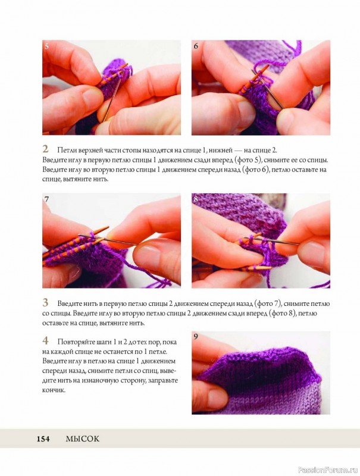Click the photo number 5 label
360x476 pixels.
46,46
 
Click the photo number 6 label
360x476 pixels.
196,46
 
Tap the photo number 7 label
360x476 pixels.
46,199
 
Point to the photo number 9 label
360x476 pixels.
196,337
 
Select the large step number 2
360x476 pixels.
45,149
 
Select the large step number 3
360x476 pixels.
45,302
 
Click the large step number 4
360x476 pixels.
45,340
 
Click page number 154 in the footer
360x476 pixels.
43,439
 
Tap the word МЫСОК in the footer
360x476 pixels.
83,439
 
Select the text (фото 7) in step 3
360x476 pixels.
268,303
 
